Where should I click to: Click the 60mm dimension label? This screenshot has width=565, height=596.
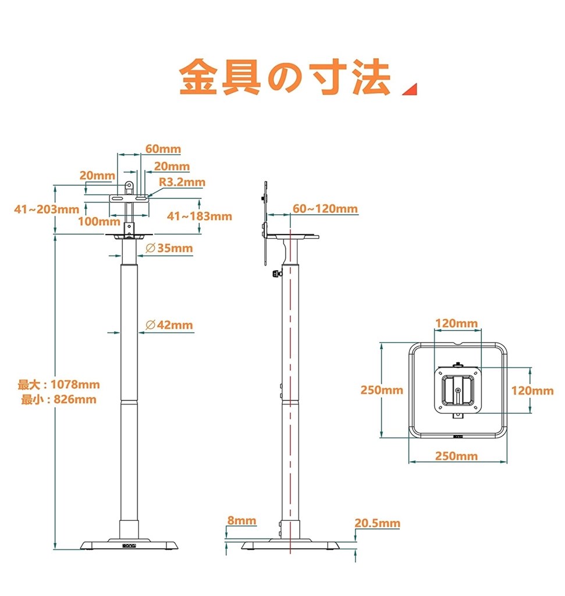coord(163,149)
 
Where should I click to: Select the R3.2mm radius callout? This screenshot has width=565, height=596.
coord(182,182)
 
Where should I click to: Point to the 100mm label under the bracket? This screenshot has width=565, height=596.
coord(95,221)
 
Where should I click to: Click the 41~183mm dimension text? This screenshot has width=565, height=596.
coord(200,216)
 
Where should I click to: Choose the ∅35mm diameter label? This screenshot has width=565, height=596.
coord(169,249)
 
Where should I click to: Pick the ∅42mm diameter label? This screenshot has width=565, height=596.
coord(169,325)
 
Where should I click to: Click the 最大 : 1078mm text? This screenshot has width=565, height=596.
coord(59,385)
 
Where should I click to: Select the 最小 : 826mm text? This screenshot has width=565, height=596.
coord(59,399)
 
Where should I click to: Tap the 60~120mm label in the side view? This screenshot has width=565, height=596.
coord(325,209)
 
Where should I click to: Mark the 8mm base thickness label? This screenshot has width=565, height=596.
coord(241,520)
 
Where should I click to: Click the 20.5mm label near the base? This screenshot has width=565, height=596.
coord(378,523)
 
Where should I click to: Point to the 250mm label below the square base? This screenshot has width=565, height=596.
coord(456,456)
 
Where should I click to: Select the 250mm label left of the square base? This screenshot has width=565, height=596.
coord(382,390)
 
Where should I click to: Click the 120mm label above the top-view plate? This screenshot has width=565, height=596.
coord(457,323)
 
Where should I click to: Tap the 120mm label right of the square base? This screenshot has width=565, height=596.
coord(532,391)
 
